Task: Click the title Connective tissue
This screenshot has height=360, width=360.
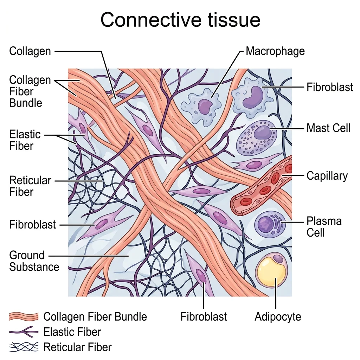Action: pos(180,20)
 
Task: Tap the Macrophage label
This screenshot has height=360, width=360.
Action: pos(275,51)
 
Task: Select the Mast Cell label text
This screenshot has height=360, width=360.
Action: pos(328,128)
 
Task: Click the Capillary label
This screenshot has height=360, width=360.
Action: pos(327,175)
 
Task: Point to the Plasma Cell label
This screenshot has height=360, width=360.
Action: pos(324,227)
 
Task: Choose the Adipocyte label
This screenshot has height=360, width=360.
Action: pos(278,317)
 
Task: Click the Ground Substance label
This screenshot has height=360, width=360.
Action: pos(34,261)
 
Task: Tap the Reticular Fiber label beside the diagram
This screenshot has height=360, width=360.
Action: pos(30,186)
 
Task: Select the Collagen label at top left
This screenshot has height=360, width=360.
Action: pos(30,51)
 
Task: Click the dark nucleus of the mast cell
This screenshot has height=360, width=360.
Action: pos(262,133)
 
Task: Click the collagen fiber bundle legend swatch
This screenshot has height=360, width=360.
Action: pos(23,317)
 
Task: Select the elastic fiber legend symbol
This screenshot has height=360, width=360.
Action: pos(23,332)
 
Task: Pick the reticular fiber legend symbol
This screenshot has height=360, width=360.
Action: pos(23,347)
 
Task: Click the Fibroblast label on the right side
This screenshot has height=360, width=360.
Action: pos(330,87)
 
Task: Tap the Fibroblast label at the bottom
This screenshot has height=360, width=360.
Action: pos(204,317)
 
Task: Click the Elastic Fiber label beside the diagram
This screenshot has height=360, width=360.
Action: pos(25,140)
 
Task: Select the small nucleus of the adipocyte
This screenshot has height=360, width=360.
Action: pos(279,259)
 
